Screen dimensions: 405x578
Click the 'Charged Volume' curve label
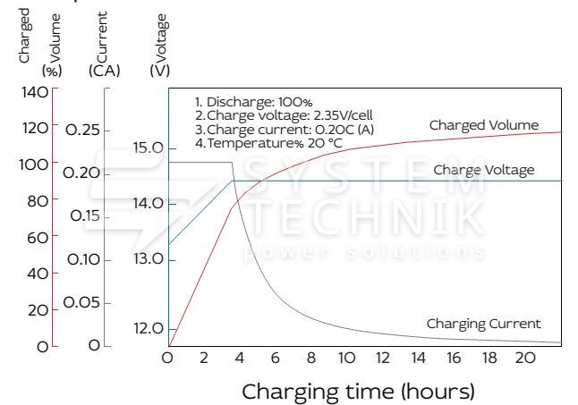[x=483, y=125]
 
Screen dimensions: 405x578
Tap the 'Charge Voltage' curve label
[x=483, y=170]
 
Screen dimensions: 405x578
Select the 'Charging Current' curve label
[x=483, y=324]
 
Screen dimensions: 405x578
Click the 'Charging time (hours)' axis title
[x=358, y=392]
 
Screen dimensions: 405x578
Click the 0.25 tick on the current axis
[x=82, y=130]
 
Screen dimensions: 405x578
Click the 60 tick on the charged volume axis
[x=37, y=237]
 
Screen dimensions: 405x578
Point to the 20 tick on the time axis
[x=527, y=358]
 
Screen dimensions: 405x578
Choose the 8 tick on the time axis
[x=311, y=358]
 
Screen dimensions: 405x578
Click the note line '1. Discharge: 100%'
[x=253, y=102]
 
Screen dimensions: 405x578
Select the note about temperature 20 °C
[x=268, y=142]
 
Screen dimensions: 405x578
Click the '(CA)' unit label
[x=105, y=70]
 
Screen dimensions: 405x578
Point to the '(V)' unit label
[x=161, y=70]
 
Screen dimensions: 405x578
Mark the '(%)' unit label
[x=51, y=70]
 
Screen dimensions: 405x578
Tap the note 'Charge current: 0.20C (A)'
[x=285, y=129]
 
